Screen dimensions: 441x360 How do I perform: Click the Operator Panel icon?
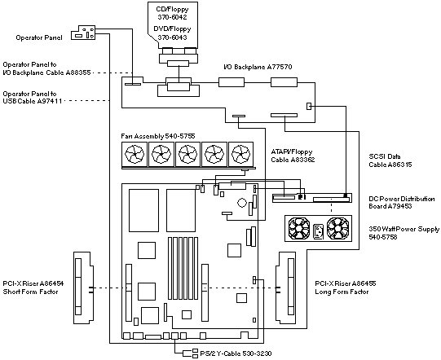tap(83, 33)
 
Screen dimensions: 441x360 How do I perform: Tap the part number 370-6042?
tap(172, 17)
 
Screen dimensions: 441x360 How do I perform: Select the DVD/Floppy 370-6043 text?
tap(172, 33)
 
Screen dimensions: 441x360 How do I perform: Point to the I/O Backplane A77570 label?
tap(258, 67)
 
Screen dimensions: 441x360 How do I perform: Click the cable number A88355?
tap(78, 72)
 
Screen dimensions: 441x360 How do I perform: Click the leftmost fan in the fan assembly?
tap(135, 154)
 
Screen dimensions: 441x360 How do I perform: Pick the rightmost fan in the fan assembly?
tap(240, 154)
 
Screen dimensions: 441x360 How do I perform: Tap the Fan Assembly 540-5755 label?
tap(158, 136)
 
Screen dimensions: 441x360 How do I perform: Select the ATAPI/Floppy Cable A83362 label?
tap(293, 156)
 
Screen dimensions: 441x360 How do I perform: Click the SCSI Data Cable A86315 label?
tap(390, 160)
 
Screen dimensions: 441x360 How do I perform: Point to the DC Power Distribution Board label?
tap(402, 202)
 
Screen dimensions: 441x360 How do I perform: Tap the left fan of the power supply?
tap(299, 229)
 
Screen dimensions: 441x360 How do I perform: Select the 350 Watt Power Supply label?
tap(404, 233)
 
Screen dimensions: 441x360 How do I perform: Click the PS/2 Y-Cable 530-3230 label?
tap(236, 353)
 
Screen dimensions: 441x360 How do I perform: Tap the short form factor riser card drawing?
tap(83, 288)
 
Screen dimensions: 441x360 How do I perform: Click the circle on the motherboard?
tap(242, 203)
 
